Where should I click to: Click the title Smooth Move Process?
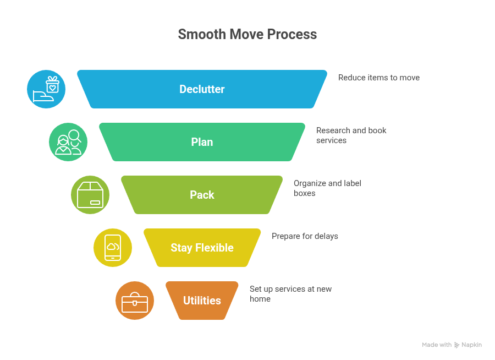(247, 34)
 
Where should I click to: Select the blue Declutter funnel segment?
(202, 89)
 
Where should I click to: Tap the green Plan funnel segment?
(202, 142)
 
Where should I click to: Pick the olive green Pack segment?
(202, 195)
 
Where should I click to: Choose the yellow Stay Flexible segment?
(202, 248)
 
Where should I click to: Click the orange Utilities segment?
(202, 301)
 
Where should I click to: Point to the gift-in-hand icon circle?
(46, 89)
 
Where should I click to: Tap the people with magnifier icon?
(68, 142)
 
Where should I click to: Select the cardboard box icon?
(90, 195)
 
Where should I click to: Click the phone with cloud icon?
(113, 248)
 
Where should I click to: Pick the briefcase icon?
(135, 301)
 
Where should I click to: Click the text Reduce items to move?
(378, 78)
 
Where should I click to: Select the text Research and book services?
(351, 135)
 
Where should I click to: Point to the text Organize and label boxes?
(327, 188)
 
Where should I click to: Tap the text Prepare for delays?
(305, 236)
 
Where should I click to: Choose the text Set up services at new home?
(290, 294)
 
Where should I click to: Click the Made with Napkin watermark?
(452, 345)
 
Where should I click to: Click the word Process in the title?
(291, 34)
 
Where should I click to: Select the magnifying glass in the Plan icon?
(74, 135)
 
